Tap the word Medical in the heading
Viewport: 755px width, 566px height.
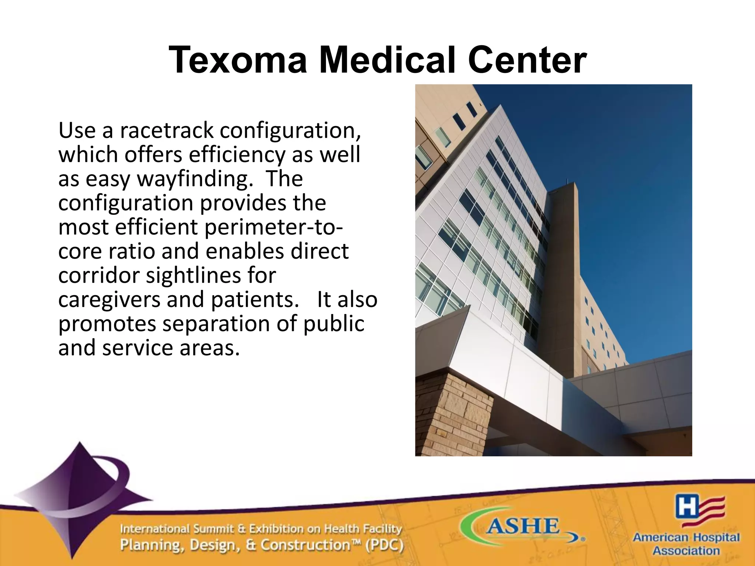[387, 60]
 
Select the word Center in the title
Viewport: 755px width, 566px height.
[527, 60]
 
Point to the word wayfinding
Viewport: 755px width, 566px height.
[195, 179]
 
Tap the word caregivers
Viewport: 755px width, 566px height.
[109, 300]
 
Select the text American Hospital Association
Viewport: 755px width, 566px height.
[686, 544]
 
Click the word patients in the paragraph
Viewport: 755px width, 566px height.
[255, 300]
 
